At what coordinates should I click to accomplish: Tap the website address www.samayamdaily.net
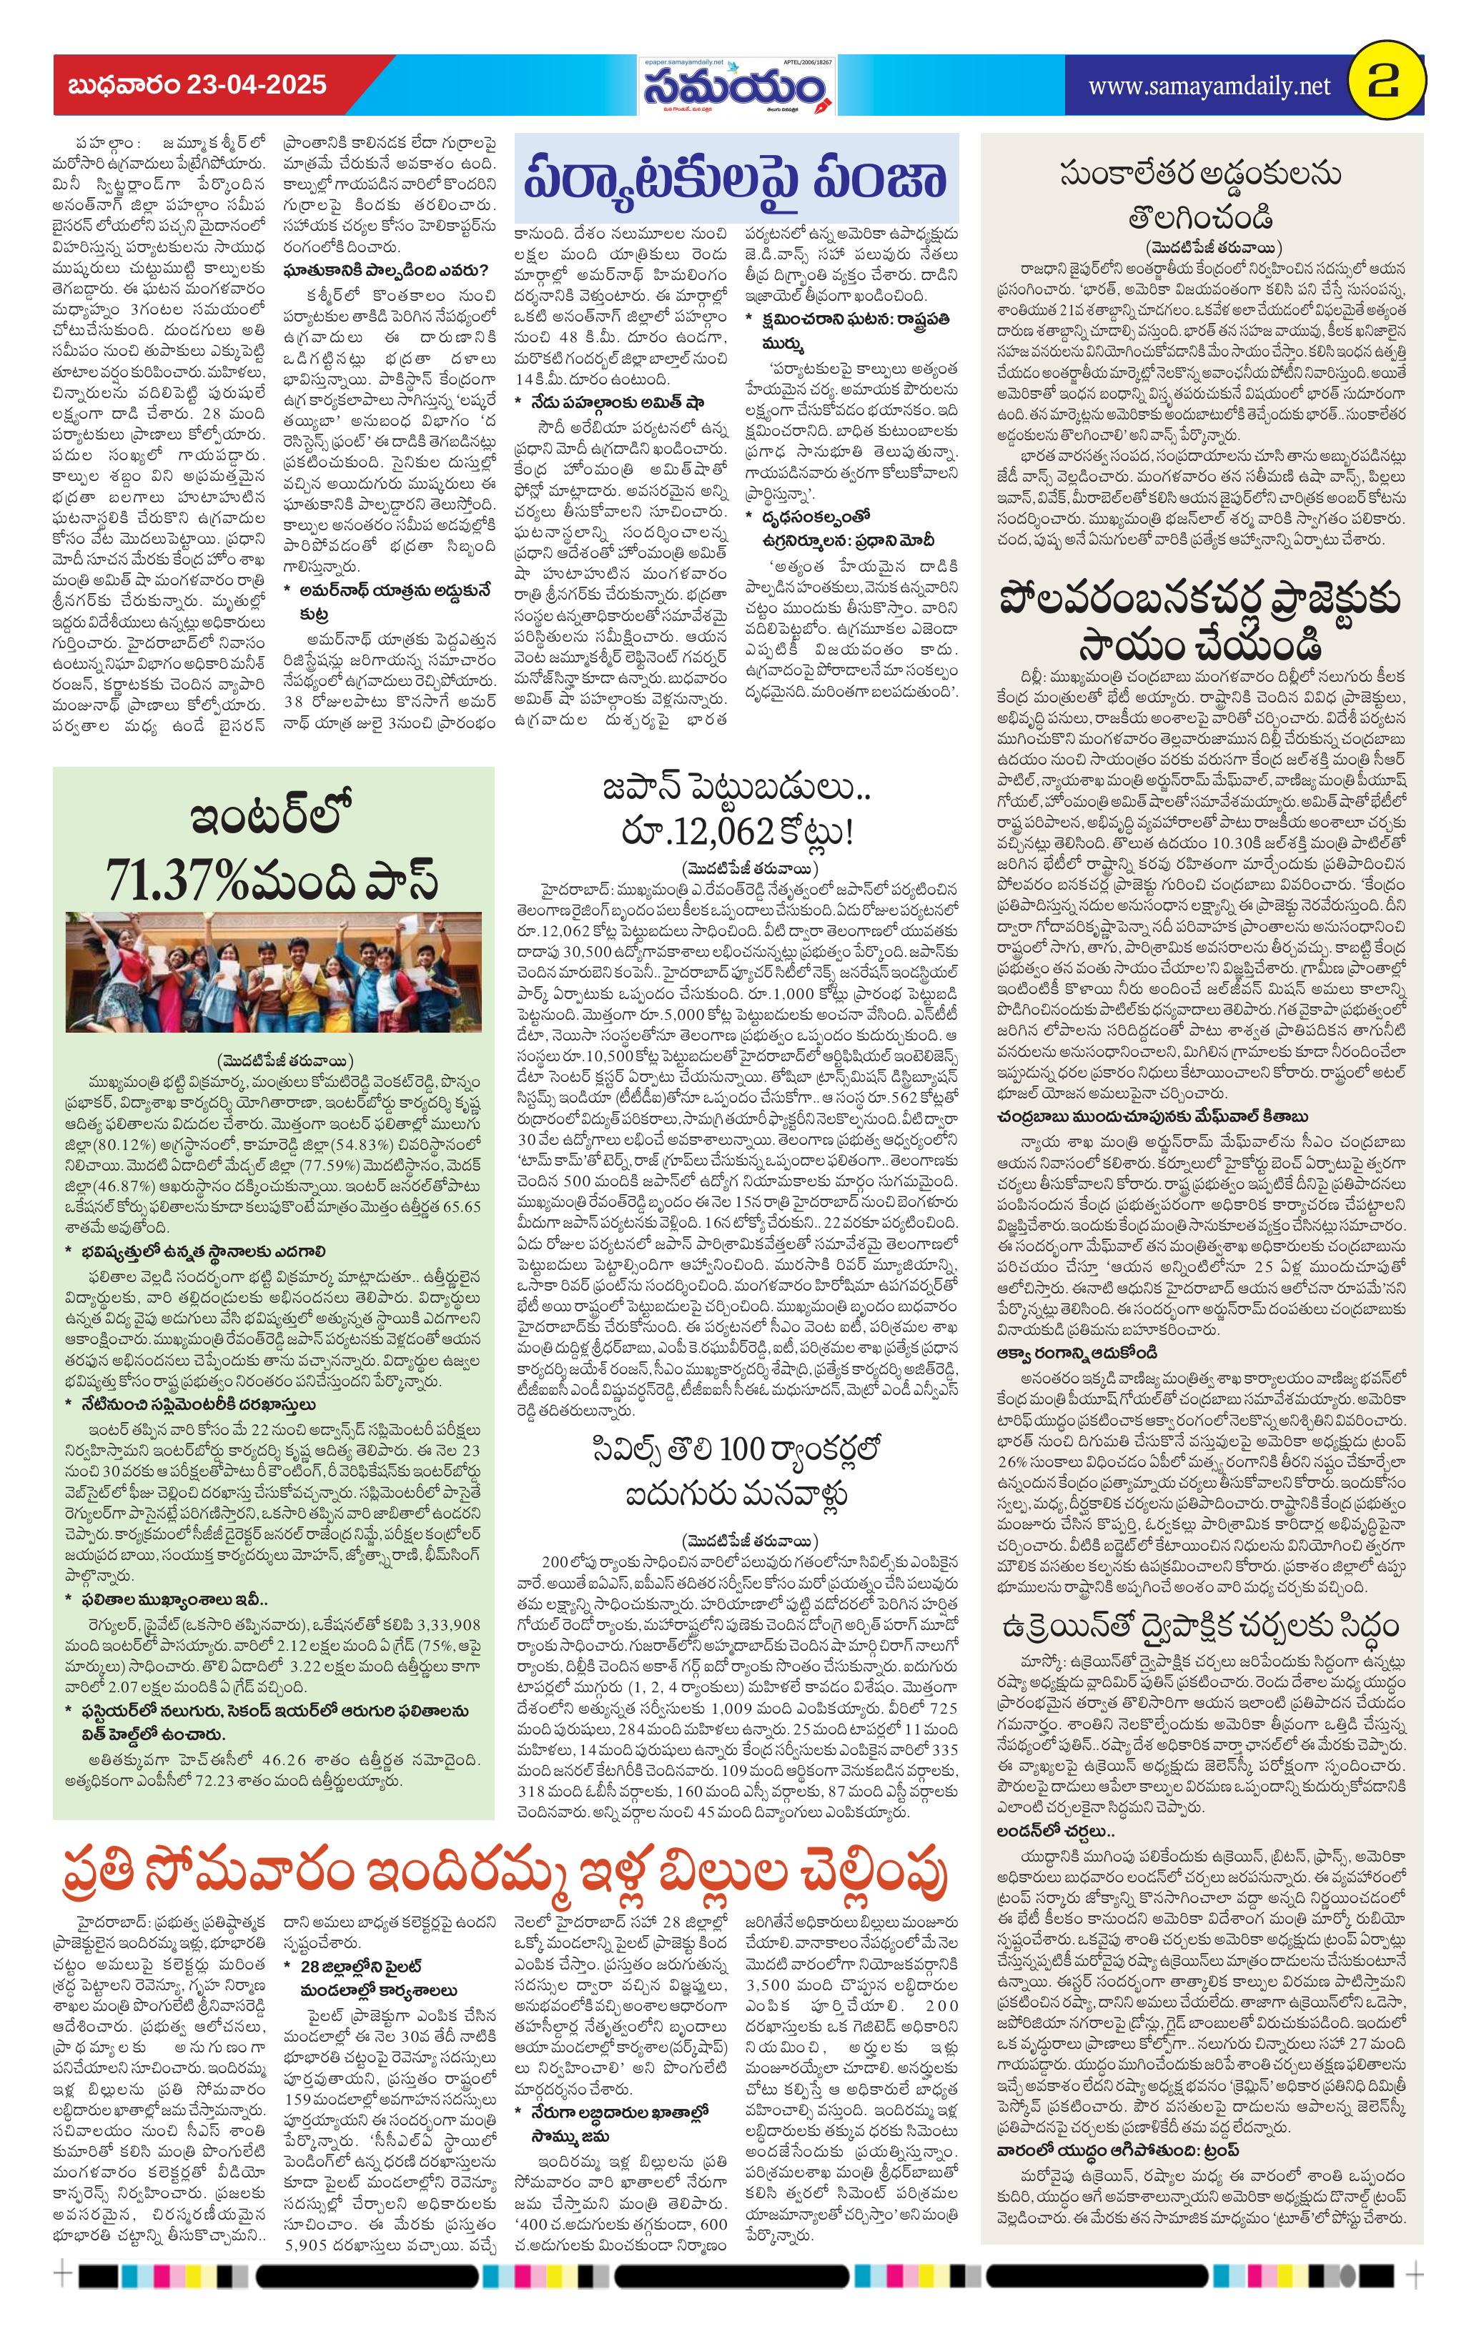tap(1208, 86)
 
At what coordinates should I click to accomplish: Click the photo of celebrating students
tap(274, 970)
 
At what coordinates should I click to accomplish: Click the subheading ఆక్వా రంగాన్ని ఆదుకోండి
tap(1076, 1353)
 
